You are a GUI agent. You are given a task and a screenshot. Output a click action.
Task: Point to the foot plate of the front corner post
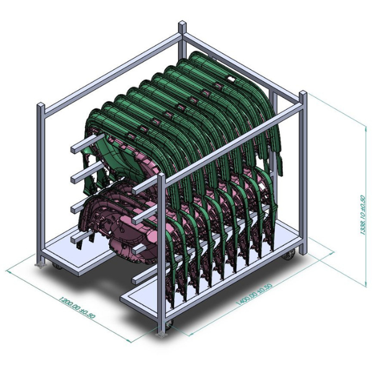[162, 334]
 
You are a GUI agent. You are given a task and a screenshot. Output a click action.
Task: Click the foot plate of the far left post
[42, 265]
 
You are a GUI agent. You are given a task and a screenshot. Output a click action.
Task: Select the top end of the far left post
[41, 106]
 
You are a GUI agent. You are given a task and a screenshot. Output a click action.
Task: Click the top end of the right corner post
[303, 94]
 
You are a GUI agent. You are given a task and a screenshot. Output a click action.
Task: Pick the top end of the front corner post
[162, 177]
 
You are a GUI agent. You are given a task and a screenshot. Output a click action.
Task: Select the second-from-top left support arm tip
[74, 178]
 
